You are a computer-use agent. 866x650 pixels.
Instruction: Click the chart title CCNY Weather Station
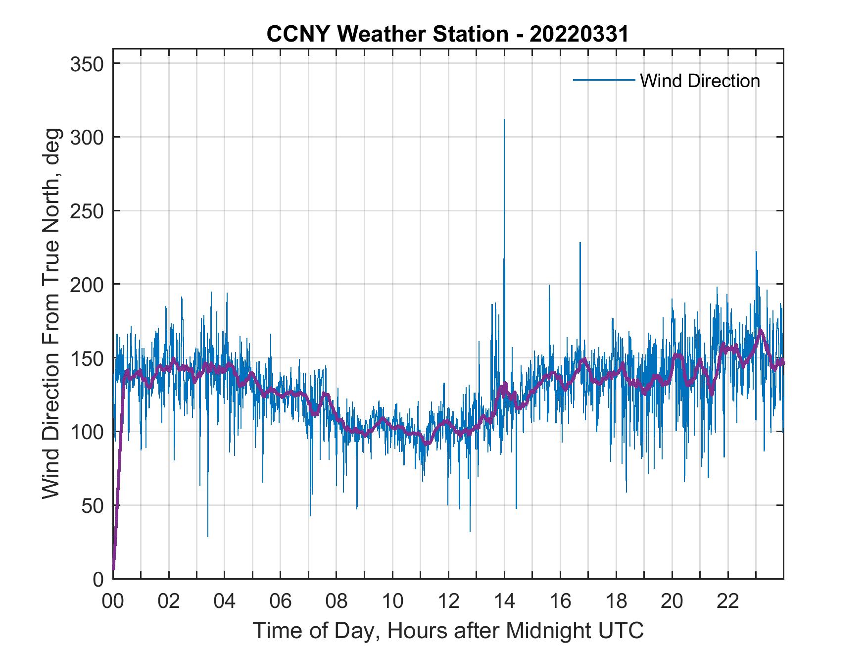(447, 34)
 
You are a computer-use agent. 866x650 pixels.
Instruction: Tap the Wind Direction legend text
(700, 81)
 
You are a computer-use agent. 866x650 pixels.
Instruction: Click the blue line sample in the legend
(604, 80)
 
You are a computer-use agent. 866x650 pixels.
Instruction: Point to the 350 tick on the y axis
(88, 64)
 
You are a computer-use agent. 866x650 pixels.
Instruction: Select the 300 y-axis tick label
(88, 137)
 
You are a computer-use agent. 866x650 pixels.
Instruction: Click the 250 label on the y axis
(88, 211)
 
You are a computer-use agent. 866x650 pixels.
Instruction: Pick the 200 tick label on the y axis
(88, 284)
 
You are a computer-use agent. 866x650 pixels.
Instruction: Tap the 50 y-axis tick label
(94, 505)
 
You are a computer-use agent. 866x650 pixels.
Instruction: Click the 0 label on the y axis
(99, 579)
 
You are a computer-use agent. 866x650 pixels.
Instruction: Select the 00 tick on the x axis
(113, 601)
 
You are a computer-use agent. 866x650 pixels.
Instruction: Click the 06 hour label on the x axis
(281, 601)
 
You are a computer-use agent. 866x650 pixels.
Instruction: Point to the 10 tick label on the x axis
(392, 601)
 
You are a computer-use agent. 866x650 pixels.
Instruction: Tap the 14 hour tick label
(504, 601)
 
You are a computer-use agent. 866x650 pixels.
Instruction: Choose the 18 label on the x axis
(616, 601)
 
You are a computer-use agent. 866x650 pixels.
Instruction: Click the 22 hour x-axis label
(728, 601)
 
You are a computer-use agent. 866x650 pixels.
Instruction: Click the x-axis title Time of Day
(448, 630)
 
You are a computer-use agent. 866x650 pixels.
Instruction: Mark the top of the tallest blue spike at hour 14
(504, 119)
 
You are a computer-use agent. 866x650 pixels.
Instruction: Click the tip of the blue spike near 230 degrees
(580, 243)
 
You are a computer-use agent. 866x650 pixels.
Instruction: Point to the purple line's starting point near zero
(113, 569)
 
